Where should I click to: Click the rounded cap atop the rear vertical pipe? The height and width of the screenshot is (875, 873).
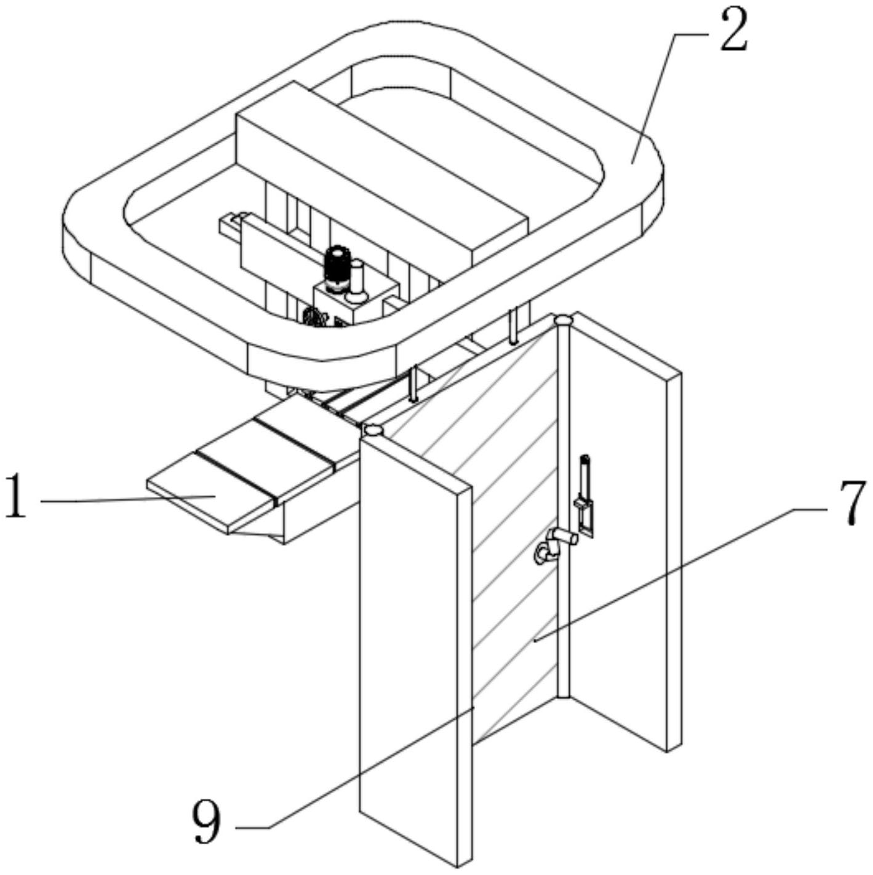pos(563,320)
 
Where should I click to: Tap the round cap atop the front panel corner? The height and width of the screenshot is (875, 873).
pos(373,430)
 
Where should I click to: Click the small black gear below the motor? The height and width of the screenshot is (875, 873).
pos(314,316)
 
